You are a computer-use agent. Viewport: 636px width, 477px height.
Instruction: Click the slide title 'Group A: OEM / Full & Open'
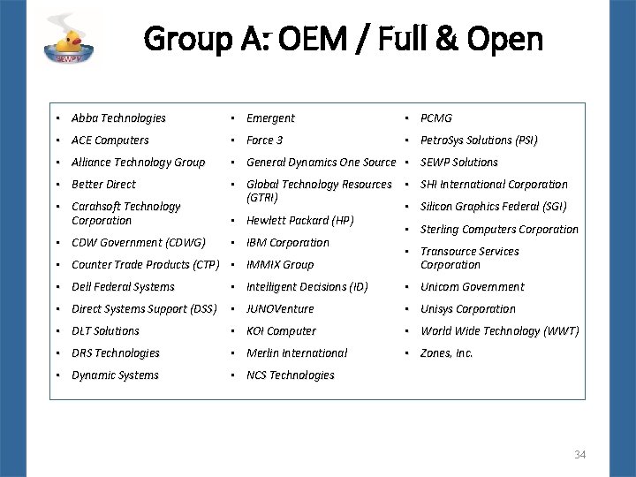tap(343, 39)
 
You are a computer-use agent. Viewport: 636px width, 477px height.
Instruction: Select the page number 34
tap(580, 455)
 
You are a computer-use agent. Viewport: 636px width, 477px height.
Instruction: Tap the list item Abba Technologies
tap(118, 118)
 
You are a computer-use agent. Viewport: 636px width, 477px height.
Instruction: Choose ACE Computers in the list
tap(110, 140)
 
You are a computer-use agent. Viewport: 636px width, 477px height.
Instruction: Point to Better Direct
tap(103, 185)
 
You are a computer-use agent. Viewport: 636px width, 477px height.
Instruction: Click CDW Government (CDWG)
tap(138, 242)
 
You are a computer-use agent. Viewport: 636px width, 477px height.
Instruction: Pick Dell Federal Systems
tap(123, 287)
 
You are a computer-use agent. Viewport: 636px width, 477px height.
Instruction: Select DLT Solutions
tap(105, 331)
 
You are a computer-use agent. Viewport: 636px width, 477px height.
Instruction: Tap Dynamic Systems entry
tap(115, 375)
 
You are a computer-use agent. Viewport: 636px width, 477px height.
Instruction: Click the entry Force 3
tap(264, 140)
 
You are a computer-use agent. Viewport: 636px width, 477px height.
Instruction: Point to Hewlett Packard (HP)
tap(299, 221)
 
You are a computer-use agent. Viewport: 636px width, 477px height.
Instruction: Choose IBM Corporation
tap(287, 243)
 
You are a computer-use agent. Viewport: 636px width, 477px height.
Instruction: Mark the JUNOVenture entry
tap(280, 309)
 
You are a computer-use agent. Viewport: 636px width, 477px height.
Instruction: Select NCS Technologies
tap(290, 375)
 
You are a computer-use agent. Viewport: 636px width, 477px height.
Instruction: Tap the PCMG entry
tap(436, 118)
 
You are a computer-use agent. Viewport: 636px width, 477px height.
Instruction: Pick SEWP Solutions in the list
tap(459, 163)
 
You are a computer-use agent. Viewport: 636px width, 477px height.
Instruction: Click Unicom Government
tap(472, 287)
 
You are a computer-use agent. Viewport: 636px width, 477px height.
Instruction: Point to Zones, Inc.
tap(447, 353)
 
